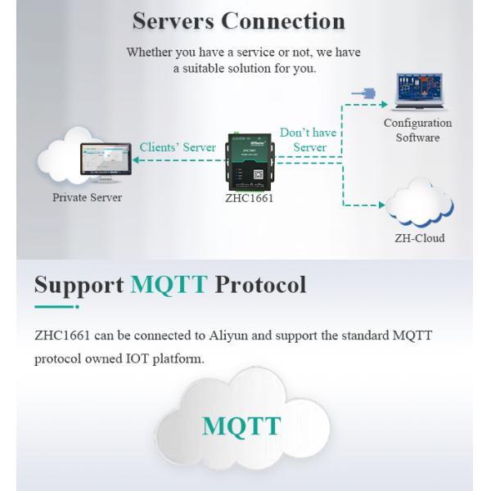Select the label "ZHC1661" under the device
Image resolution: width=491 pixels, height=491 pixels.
pos(250,198)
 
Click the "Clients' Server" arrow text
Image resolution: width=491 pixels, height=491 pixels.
pos(178,147)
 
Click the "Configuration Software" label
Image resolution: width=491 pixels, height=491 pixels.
pos(417,130)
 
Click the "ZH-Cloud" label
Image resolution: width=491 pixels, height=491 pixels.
pos(419,238)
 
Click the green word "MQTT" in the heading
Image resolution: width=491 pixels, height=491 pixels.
pos(169,285)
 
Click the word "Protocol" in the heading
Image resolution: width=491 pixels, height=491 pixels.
pos(260,285)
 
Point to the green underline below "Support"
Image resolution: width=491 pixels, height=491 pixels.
pos(56,307)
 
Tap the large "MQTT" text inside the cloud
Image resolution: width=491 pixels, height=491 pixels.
pos(241,426)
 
